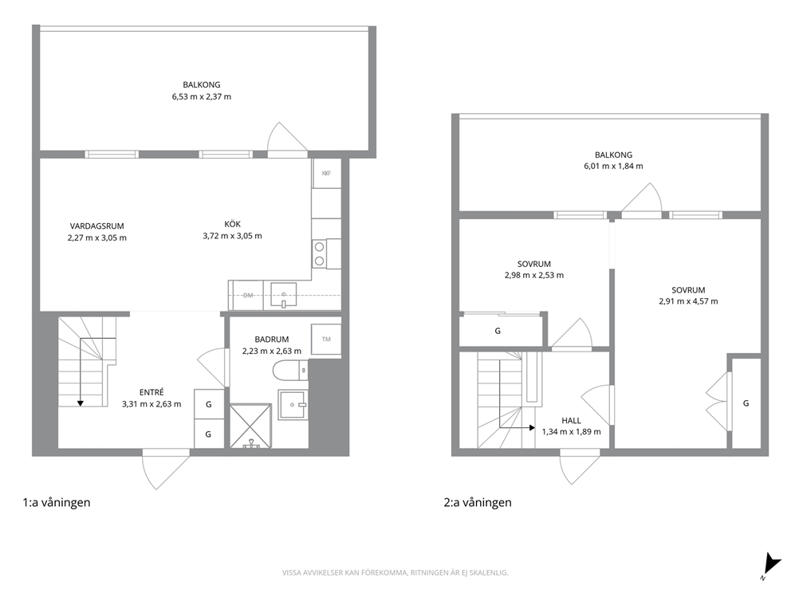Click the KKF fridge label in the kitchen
326,174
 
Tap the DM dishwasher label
248,296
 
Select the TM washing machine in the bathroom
326,339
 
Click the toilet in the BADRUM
290,372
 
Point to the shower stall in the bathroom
250,426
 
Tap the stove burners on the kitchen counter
319,253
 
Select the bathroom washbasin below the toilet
292,404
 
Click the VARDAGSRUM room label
96,226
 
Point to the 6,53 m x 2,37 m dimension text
202,96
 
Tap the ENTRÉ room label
152,392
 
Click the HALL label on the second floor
571,421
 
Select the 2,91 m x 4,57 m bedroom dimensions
689,301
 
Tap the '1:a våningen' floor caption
57,502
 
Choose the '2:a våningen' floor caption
478,502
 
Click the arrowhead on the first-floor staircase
81,403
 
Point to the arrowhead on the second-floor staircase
532,427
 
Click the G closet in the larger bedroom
746,403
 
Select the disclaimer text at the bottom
395,573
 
